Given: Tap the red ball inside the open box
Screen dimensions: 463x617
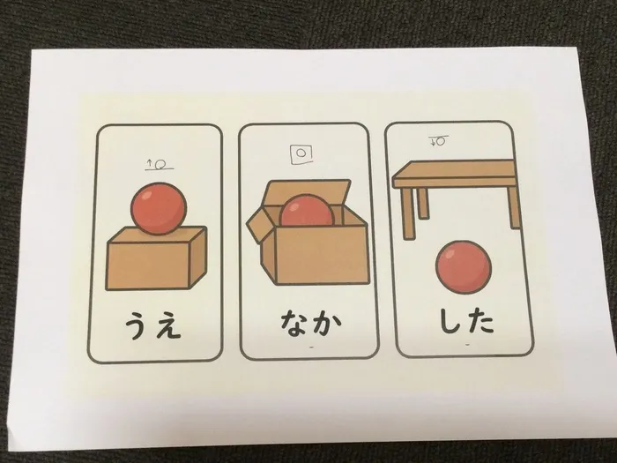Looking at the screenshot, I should pos(304,215).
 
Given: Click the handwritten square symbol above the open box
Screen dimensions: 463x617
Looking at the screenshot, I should pos(301,153).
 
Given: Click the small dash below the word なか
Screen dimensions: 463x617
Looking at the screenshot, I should pos(308,350).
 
